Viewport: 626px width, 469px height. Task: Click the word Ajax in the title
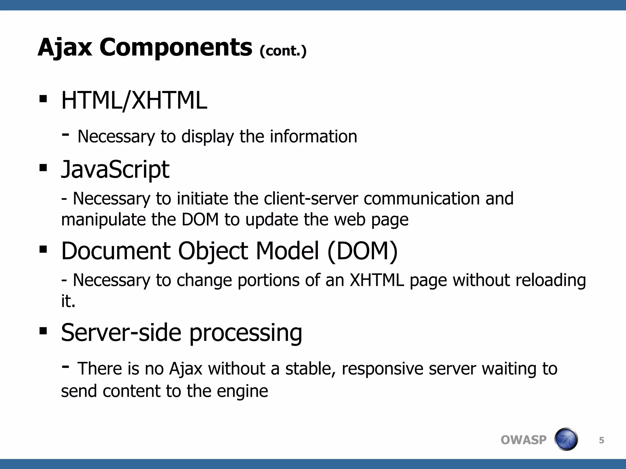[65, 48]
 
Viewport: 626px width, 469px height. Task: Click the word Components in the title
[176, 48]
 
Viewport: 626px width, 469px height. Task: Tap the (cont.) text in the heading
[283, 51]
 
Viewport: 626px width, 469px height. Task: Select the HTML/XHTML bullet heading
[134, 100]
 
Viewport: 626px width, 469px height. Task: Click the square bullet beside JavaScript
[43, 168]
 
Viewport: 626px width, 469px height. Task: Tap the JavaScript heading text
[115, 169]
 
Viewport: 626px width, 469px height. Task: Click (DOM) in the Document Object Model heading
[362, 251]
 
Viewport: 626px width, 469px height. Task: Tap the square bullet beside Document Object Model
[43, 249]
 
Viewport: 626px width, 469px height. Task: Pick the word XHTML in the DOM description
[377, 280]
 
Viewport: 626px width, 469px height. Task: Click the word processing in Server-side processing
[246, 333]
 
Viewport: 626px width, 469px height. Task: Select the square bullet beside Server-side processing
[43, 331]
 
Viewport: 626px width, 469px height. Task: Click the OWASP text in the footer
[523, 440]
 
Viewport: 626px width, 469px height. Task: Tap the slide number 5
[601, 440]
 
